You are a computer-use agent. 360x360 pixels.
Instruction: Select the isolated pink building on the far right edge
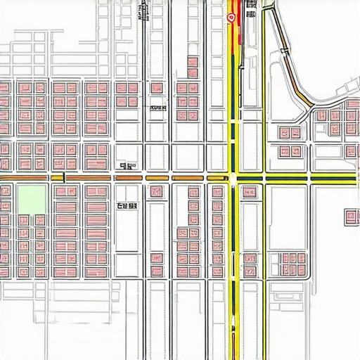click(352, 217)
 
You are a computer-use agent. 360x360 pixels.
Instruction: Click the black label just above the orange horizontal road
click(127, 167)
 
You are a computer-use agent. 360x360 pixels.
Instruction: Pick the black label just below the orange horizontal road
click(127, 206)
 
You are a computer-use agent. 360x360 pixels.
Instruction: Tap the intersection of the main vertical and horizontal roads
click(233, 178)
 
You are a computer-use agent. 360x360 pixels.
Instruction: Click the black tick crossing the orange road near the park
click(63, 177)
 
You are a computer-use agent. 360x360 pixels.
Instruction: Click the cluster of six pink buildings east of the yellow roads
click(291, 264)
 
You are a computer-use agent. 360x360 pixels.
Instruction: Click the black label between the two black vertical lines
click(157, 108)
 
